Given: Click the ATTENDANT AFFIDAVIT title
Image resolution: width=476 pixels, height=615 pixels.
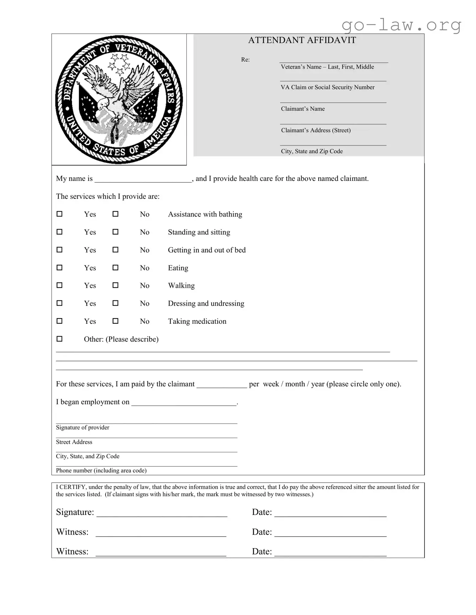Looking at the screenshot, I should click(x=302, y=40).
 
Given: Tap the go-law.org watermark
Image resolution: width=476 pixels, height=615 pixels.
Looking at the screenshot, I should click(x=401, y=25).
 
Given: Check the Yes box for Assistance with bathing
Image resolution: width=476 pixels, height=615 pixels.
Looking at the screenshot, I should click(x=60, y=214).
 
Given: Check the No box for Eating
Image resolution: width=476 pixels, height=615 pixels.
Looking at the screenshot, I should click(x=116, y=268).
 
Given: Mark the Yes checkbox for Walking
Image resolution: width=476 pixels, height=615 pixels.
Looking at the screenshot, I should click(x=60, y=285).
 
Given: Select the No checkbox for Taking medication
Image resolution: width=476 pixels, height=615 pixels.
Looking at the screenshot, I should click(x=116, y=321).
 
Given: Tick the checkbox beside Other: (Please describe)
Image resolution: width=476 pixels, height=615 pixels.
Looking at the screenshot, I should click(x=60, y=339).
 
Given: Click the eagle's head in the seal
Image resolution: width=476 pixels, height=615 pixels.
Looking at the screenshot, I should click(x=103, y=103).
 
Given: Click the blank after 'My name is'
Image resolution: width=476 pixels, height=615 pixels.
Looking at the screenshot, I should click(x=143, y=179).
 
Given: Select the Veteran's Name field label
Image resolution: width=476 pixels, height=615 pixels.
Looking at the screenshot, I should click(x=327, y=67).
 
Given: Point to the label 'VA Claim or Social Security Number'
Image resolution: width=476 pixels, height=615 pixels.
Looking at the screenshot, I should click(x=327, y=87).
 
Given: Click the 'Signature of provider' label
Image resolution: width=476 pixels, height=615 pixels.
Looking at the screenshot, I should click(x=83, y=427).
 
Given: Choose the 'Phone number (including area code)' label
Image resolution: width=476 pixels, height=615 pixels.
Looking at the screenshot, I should click(x=101, y=470).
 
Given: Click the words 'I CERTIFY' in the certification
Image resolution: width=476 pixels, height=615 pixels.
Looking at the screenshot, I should click(x=71, y=487).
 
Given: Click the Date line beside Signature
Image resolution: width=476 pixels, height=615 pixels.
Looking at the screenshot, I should click(x=330, y=512).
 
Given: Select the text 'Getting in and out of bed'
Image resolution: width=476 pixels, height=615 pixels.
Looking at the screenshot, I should click(x=207, y=250).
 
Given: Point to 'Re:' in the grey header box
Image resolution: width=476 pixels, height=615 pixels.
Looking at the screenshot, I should click(x=245, y=60).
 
